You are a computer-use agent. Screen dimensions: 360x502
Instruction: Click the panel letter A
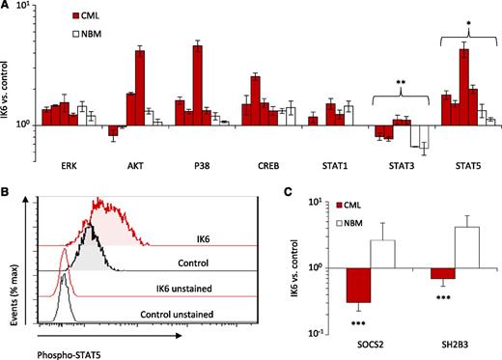[x=8, y=7]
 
